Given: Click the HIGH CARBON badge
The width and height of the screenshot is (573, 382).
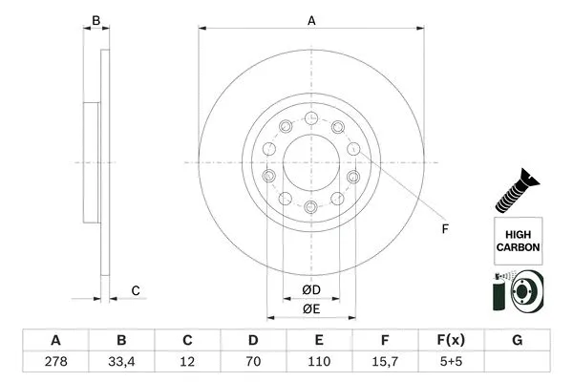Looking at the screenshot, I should [x=518, y=240].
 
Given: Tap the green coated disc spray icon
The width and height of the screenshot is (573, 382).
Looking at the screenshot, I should [x=517, y=292].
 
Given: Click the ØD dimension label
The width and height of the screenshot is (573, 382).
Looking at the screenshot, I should [x=311, y=289].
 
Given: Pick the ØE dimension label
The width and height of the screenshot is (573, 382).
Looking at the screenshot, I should [x=311, y=308].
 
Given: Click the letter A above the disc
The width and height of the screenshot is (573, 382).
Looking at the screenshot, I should [x=311, y=19].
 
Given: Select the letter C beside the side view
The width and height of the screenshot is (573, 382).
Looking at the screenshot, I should [x=136, y=290].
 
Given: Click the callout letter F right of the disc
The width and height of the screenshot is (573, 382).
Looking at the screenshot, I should [x=444, y=227].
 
